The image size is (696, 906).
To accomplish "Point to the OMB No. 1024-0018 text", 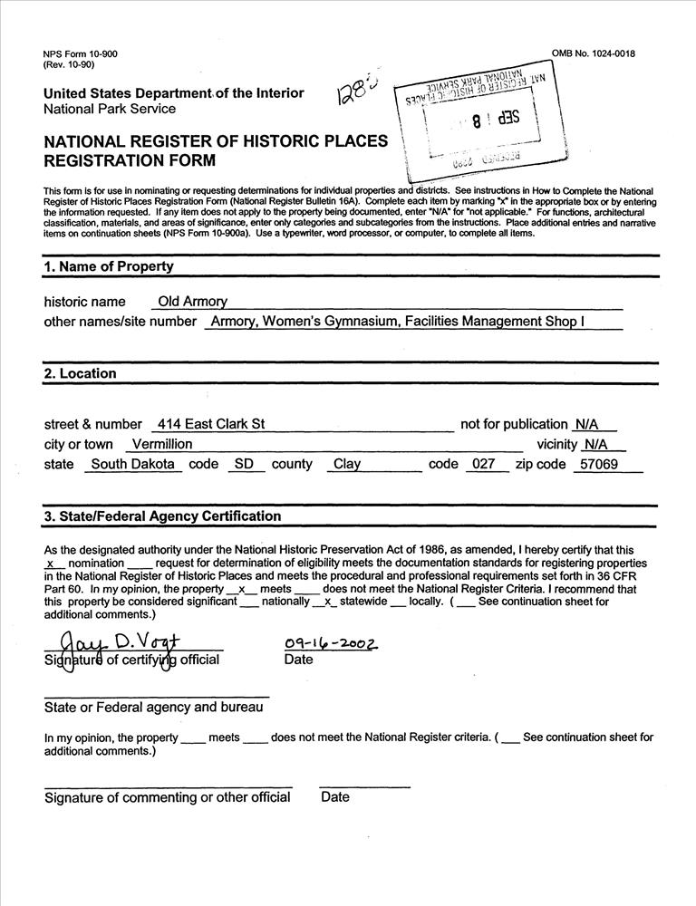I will point(593,53).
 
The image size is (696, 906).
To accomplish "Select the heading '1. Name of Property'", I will point(108,266).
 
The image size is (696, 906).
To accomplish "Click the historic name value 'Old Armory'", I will point(193,302).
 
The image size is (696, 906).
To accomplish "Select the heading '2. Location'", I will point(81,373).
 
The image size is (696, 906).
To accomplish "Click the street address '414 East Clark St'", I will point(210,424).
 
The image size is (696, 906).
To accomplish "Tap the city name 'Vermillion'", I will point(162,444).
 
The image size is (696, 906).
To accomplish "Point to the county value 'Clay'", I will point(347,464).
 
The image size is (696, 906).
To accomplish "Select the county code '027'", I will point(484,464).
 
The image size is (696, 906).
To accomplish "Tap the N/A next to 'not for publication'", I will point(587,424).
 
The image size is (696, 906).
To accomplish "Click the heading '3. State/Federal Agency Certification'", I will point(162,516).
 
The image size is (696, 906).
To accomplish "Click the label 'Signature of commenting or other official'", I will point(168,797).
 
